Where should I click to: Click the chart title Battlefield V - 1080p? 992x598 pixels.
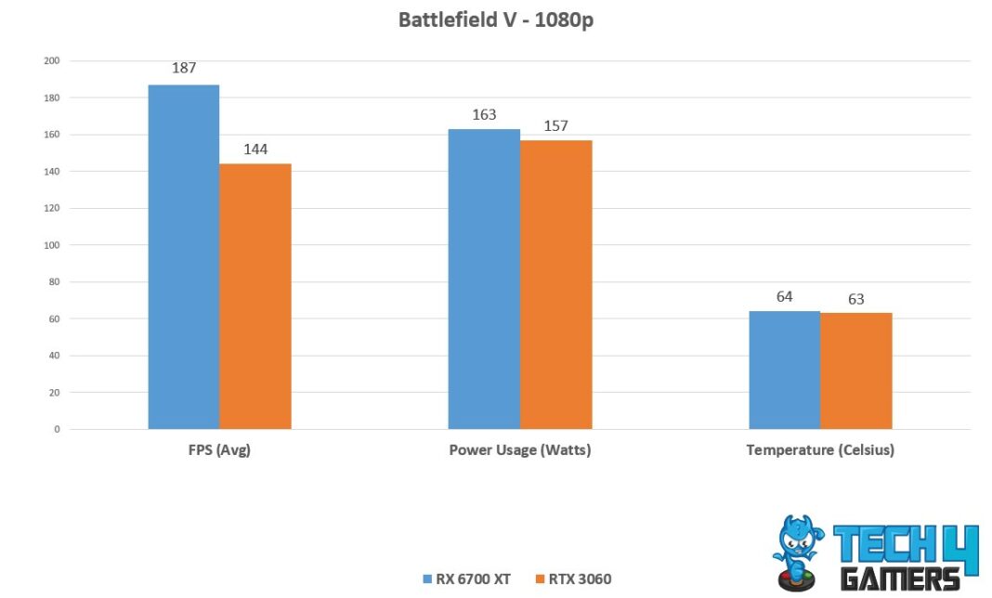[x=495, y=20]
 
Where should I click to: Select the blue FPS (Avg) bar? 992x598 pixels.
[x=184, y=256]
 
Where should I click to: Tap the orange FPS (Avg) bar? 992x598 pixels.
[x=255, y=296]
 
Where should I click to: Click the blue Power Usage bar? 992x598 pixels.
[x=484, y=279]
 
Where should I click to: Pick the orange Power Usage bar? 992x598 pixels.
[x=555, y=284]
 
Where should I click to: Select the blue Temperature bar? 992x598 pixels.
[x=784, y=370]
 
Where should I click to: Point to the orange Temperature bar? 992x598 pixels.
[x=855, y=370]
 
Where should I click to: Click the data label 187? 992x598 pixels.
[x=184, y=68]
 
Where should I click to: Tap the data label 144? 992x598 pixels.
[x=255, y=148]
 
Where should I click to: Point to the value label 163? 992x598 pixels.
[x=484, y=114]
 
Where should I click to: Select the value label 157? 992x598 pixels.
[x=555, y=125]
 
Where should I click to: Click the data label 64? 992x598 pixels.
[x=784, y=296]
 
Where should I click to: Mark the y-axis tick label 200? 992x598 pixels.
[x=51, y=61]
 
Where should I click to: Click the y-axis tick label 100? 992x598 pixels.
[x=51, y=245]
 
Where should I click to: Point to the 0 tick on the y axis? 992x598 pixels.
[x=57, y=429]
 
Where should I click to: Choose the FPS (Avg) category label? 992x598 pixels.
[x=219, y=451]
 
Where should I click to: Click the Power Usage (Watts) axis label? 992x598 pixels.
[x=519, y=451]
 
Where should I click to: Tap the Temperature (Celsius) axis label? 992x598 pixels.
[x=819, y=451]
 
